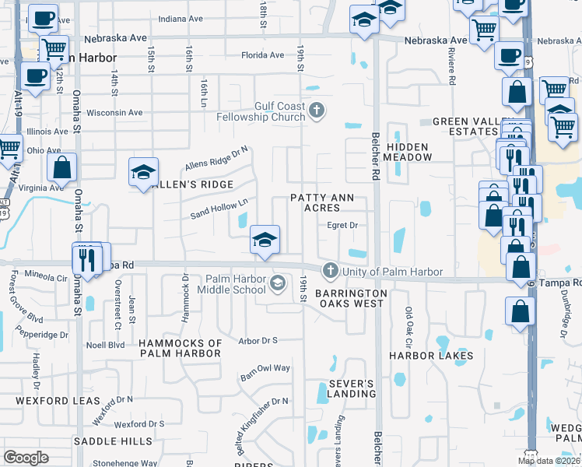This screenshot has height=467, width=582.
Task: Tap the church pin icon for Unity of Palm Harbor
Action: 330,271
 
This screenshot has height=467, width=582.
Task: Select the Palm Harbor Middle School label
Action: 237,285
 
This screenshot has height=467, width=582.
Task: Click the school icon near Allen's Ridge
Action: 143,174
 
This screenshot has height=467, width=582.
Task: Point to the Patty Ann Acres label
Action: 327,202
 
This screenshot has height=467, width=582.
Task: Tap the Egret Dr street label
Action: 342,226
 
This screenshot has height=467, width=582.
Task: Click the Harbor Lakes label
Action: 431,356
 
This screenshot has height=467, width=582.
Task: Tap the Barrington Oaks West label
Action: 349,298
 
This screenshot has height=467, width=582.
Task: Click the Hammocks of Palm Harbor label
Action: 181,348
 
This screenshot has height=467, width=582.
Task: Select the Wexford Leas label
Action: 58,401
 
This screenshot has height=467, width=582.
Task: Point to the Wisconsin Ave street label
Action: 115,112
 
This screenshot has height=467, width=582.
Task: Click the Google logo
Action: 26,458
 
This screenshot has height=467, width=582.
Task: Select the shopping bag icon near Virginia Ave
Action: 61,167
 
